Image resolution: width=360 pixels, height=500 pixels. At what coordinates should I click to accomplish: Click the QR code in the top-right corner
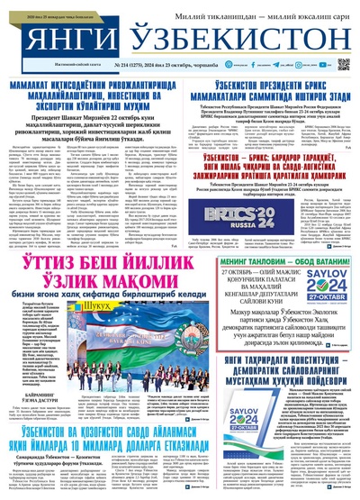pos(344,64)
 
